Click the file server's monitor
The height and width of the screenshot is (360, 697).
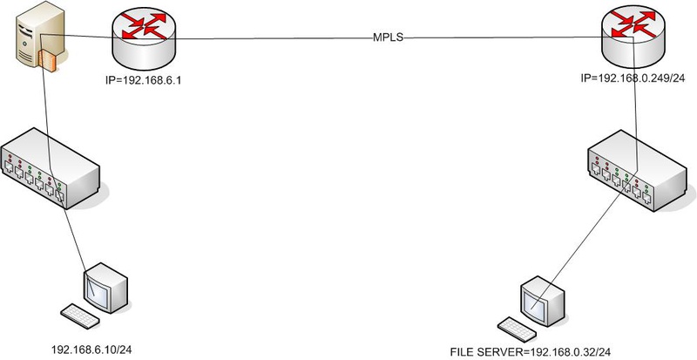[x=538, y=296]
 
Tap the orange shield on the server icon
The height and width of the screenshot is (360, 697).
[x=49, y=60]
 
